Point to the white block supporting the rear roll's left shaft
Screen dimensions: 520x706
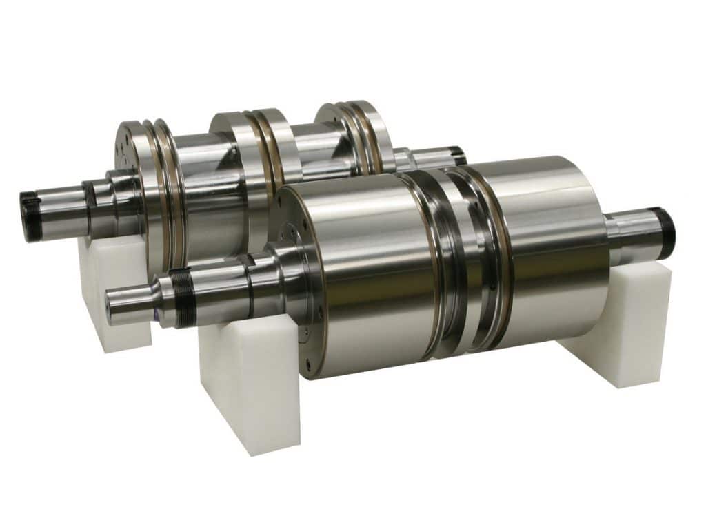(x=110, y=289)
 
